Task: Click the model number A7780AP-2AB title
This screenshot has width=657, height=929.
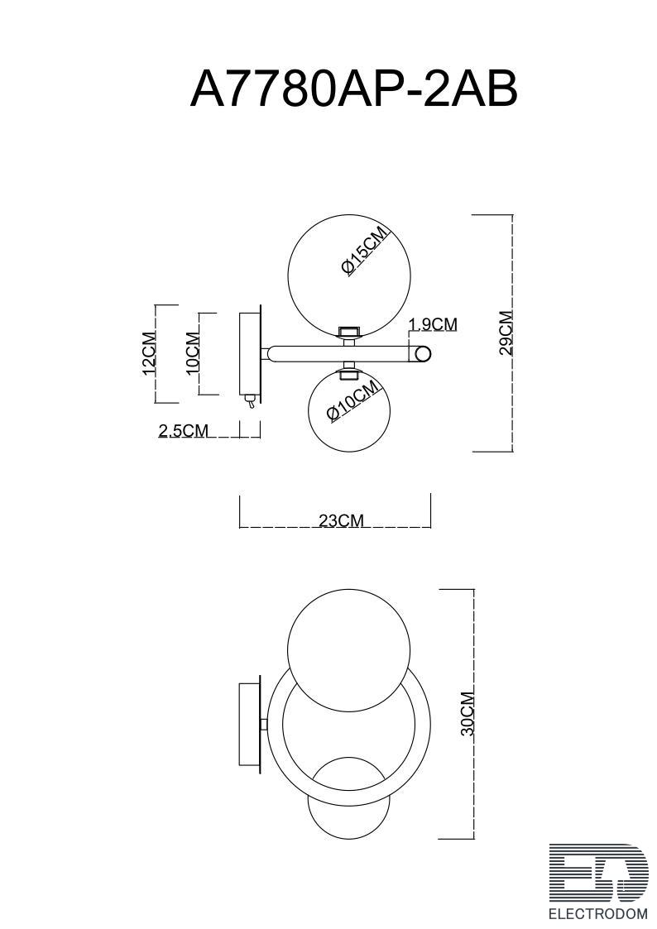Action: click(353, 89)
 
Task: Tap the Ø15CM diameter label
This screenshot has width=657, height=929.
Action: click(365, 251)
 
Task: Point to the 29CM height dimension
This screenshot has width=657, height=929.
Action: click(506, 333)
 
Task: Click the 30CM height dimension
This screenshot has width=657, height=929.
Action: click(468, 713)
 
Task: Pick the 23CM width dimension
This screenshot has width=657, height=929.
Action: click(341, 520)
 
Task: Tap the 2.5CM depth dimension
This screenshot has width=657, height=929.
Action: click(184, 431)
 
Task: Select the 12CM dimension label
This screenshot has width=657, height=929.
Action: click(149, 354)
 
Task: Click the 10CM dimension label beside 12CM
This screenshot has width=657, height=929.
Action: click(193, 353)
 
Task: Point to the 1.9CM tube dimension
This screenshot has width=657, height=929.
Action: click(433, 324)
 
